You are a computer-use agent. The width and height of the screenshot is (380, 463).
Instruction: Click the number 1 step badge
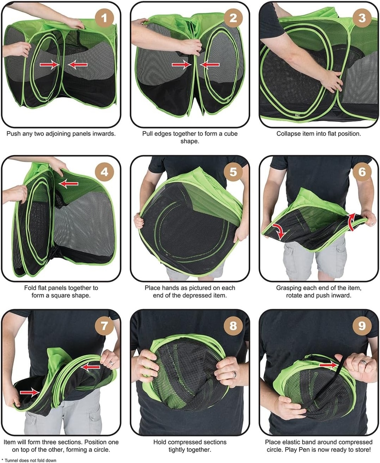[104, 18]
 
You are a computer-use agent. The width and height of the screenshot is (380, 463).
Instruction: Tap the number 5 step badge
[233, 172]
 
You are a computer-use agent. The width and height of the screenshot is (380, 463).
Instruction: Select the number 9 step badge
[362, 326]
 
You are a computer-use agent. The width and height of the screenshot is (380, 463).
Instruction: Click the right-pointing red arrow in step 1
[50, 64]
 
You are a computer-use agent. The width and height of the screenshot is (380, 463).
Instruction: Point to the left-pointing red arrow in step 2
[209, 64]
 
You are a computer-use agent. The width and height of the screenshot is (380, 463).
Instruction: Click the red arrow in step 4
[69, 184]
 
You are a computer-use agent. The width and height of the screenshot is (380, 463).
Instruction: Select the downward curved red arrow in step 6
[279, 231]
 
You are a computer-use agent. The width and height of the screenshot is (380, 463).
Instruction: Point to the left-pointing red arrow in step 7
[90, 367]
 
